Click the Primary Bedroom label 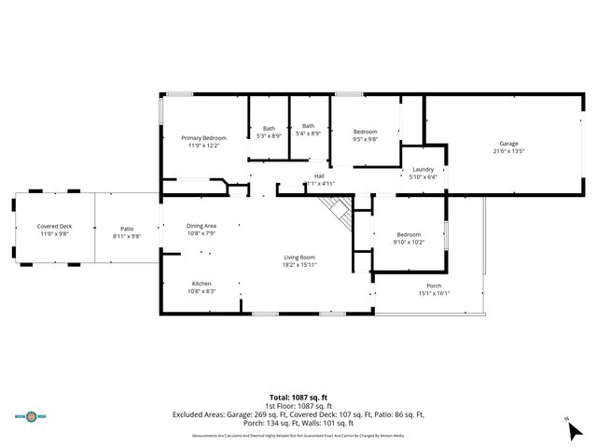pos(203,138)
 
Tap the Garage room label pos(508,144)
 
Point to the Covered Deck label pos(53,227)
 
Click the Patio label pos(127,229)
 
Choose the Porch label pos(434,286)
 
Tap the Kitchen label pos(202,285)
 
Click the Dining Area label pos(201,226)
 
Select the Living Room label pos(299,258)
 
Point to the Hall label pos(318,176)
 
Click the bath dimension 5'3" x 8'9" pos(269,135)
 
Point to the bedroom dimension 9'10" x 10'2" pos(409,242)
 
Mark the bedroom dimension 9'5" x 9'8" pos(365,139)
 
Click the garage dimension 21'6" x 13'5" pos(508,150)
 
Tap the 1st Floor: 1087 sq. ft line pos(298,406)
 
